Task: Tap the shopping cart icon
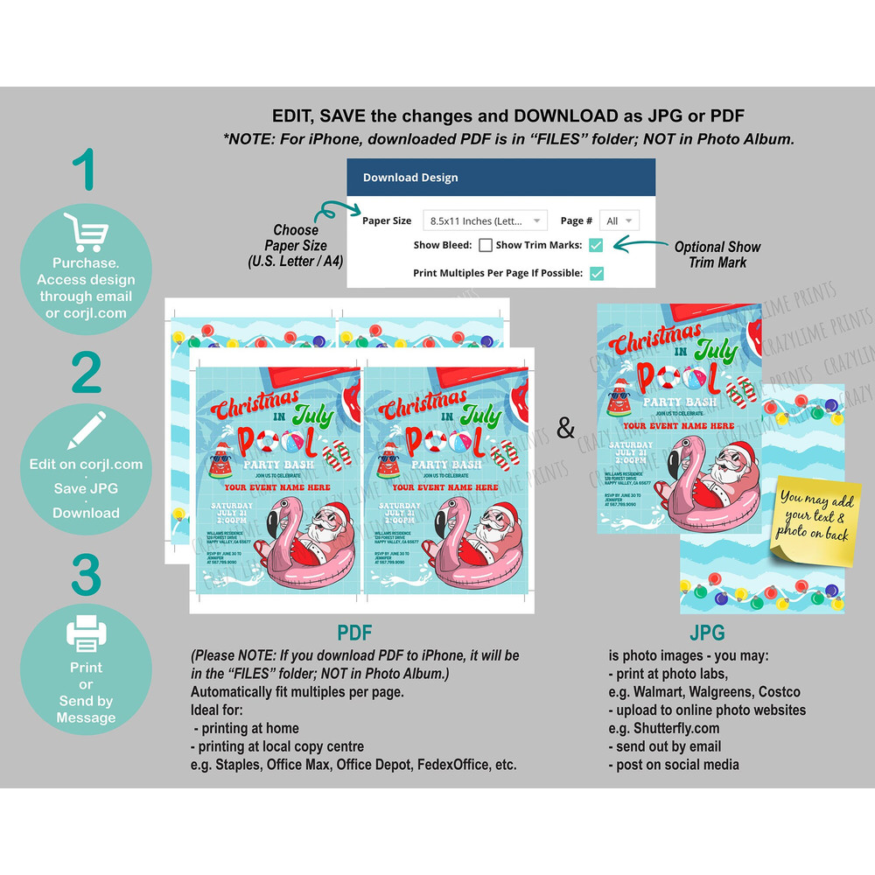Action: tap(86, 233)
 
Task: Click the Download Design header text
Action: tap(410, 178)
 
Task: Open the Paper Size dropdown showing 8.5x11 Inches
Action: tap(485, 220)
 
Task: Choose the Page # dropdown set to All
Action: tap(619, 220)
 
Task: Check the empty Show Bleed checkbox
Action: tap(486, 246)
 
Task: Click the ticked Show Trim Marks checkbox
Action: tap(597, 246)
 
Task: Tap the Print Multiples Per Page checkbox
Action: tap(597, 273)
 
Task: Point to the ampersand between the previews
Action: tap(566, 429)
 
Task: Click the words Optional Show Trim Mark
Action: tap(717, 254)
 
